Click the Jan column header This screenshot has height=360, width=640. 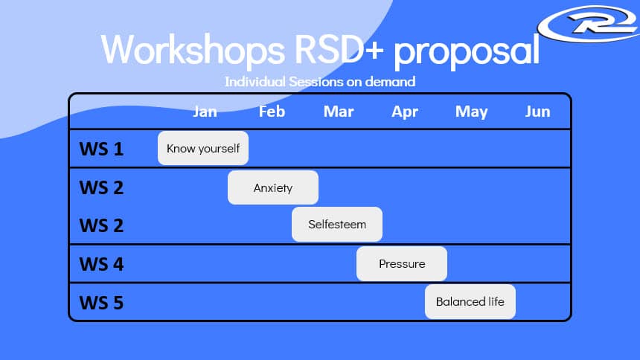[x=205, y=112]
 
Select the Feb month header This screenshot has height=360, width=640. [x=272, y=112]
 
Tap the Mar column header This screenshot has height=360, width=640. [x=339, y=112]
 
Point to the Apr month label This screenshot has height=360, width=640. [x=405, y=112]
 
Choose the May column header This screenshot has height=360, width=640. [x=471, y=112]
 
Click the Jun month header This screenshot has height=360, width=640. [x=537, y=112]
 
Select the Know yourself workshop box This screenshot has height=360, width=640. [x=203, y=148]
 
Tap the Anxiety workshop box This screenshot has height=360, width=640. [x=273, y=187]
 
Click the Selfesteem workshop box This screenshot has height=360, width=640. [x=337, y=224]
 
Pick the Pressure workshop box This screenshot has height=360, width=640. [x=402, y=263]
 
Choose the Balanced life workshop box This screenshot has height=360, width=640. [x=470, y=302]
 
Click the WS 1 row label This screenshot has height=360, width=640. [x=101, y=149]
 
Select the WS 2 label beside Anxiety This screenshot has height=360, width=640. [x=101, y=187]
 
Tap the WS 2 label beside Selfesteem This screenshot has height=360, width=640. [x=101, y=225]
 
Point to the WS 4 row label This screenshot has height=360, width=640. [x=101, y=264]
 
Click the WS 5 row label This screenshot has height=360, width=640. [x=101, y=303]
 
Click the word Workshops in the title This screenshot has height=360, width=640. [x=193, y=49]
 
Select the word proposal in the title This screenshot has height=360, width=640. [x=467, y=51]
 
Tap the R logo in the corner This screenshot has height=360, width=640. [x=589, y=24]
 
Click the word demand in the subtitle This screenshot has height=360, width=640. [x=390, y=82]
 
